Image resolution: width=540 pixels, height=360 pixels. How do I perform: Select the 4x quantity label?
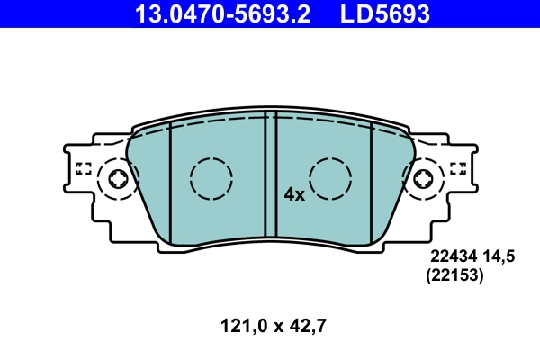[295, 193]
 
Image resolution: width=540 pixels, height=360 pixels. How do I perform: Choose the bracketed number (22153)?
[454, 278]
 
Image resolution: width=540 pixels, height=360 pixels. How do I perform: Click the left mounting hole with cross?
[118, 180]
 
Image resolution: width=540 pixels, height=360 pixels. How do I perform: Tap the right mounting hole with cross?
[423, 180]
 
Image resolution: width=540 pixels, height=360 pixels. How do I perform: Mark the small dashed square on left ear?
[84, 167]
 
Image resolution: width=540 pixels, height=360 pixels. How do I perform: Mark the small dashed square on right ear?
[457, 167]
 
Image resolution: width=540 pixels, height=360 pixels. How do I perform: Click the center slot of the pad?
[269, 175]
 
